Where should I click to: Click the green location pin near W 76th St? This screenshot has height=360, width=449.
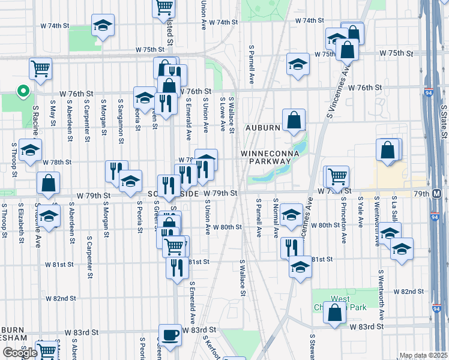[23, 91]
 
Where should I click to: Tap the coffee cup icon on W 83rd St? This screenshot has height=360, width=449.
[170, 335]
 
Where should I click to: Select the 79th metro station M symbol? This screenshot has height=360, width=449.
[437, 194]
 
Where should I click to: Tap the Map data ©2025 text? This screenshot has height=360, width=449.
[423, 355]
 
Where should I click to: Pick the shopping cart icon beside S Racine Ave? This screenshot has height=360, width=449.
[40, 68]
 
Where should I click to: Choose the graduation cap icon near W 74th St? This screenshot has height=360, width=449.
[103, 26]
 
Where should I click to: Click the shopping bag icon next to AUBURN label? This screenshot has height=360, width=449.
[294, 120]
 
